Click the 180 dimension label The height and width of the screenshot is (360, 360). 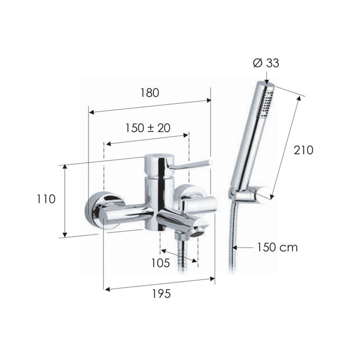(150, 93)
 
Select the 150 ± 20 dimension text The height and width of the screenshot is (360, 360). (148, 128)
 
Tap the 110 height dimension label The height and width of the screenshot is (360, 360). (46, 199)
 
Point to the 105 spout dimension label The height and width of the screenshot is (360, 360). (160, 263)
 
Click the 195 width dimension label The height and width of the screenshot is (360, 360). (161, 294)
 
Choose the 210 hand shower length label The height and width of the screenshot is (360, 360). (303, 150)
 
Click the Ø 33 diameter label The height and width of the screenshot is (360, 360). (266, 63)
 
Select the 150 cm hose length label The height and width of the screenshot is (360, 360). (277, 247)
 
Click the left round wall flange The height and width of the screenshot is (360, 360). (103, 210)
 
